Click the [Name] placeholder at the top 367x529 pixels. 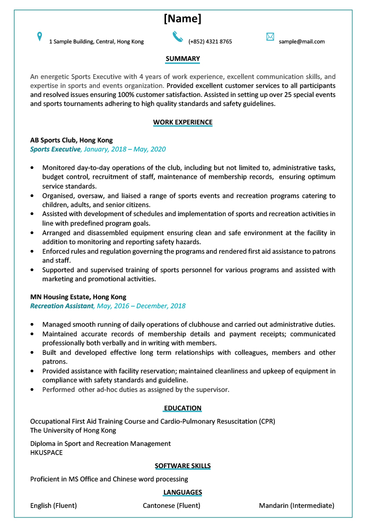[182, 19]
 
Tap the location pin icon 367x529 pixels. [39, 37]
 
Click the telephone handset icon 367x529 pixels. [178, 37]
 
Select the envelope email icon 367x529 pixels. [270, 37]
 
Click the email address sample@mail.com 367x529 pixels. [302, 41]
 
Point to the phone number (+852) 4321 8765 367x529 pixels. [210, 41]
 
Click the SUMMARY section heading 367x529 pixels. [182, 59]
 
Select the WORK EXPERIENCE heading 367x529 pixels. [182, 122]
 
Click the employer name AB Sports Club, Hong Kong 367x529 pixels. [71, 140]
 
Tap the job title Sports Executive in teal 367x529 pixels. [55, 149]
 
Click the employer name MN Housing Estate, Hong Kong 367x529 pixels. [78, 297]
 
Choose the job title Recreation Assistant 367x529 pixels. [62, 306]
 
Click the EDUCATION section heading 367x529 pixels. [182, 408]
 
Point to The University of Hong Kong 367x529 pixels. [73, 431]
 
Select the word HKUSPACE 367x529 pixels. [46, 453]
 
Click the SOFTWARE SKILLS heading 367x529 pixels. [182, 466]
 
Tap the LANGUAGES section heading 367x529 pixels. [182, 492]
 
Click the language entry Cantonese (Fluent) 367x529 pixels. [171, 506]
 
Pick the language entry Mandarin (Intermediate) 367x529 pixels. [296, 506]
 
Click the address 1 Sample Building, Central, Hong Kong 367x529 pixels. [96, 41]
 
